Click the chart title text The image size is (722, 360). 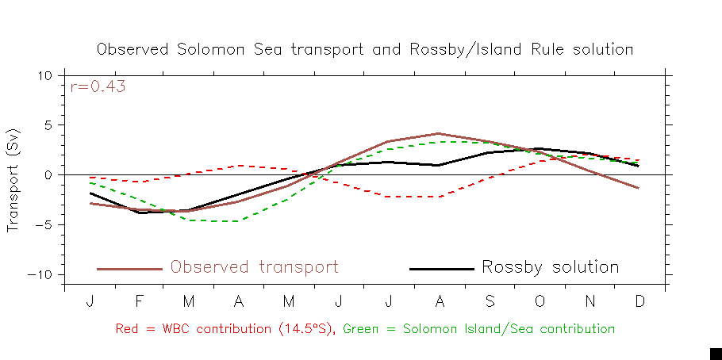(365, 49)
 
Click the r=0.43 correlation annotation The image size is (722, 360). (98, 87)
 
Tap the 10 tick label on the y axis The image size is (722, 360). (44, 76)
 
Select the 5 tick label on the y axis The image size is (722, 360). (48, 125)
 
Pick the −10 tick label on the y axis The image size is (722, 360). (40, 275)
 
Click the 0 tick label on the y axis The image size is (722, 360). (48, 175)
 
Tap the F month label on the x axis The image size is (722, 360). (140, 303)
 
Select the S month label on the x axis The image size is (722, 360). (490, 303)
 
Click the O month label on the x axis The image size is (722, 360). (540, 303)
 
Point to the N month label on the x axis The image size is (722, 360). (590, 303)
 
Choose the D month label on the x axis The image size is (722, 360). (640, 303)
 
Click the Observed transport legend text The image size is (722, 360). (254, 267)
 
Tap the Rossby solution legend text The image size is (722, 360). (550, 267)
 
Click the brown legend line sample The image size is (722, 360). (129, 269)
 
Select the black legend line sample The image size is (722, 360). (441, 269)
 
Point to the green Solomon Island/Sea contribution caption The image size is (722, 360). (479, 328)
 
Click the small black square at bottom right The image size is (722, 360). (715, 354)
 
